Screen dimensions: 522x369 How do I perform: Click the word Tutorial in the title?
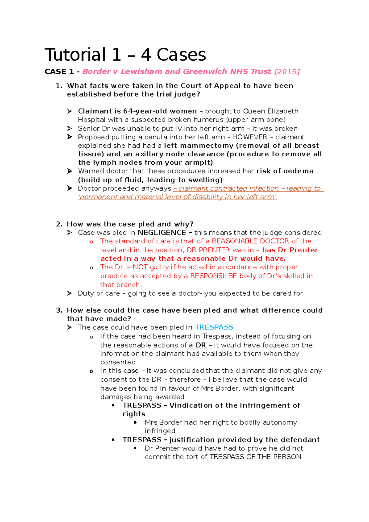click(75, 55)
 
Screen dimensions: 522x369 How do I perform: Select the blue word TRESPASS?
click(214, 327)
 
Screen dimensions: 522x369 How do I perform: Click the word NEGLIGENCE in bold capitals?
click(162, 233)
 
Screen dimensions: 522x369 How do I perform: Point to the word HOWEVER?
click(249, 137)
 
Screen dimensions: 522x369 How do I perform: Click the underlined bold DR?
click(201, 345)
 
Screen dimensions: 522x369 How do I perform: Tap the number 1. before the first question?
click(59, 86)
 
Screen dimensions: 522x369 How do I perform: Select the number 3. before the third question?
click(59, 310)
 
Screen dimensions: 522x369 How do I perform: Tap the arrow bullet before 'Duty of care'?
click(69, 293)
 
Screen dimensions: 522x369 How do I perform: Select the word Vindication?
click(191, 405)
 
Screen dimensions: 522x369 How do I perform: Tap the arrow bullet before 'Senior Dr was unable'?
click(69, 128)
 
